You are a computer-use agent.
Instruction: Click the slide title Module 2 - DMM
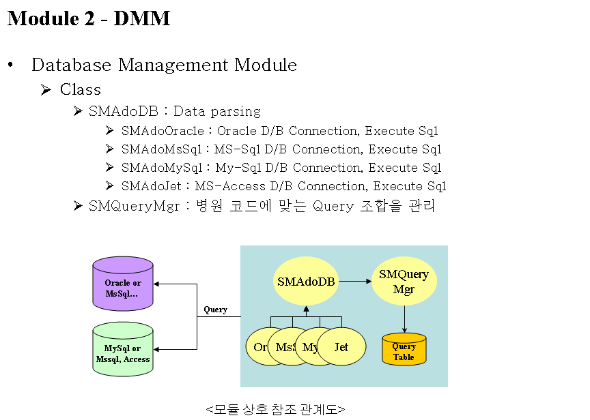(x=89, y=18)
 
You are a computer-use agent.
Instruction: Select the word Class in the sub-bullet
(x=81, y=90)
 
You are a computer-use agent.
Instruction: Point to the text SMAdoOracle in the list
(x=162, y=131)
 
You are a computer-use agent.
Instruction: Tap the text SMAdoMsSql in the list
(x=162, y=149)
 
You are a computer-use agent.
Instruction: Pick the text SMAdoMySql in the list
(x=162, y=168)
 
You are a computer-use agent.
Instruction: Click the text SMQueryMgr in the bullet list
(x=134, y=206)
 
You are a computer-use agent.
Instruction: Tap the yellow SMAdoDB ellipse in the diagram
(x=306, y=281)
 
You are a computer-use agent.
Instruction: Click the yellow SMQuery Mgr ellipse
(x=404, y=281)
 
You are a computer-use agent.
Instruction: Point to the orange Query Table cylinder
(x=404, y=349)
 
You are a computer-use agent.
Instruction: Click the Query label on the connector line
(x=216, y=310)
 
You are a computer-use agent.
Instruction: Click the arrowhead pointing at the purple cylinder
(x=158, y=284)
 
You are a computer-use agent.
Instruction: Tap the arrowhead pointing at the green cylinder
(x=158, y=350)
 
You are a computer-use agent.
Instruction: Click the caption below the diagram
(x=275, y=409)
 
